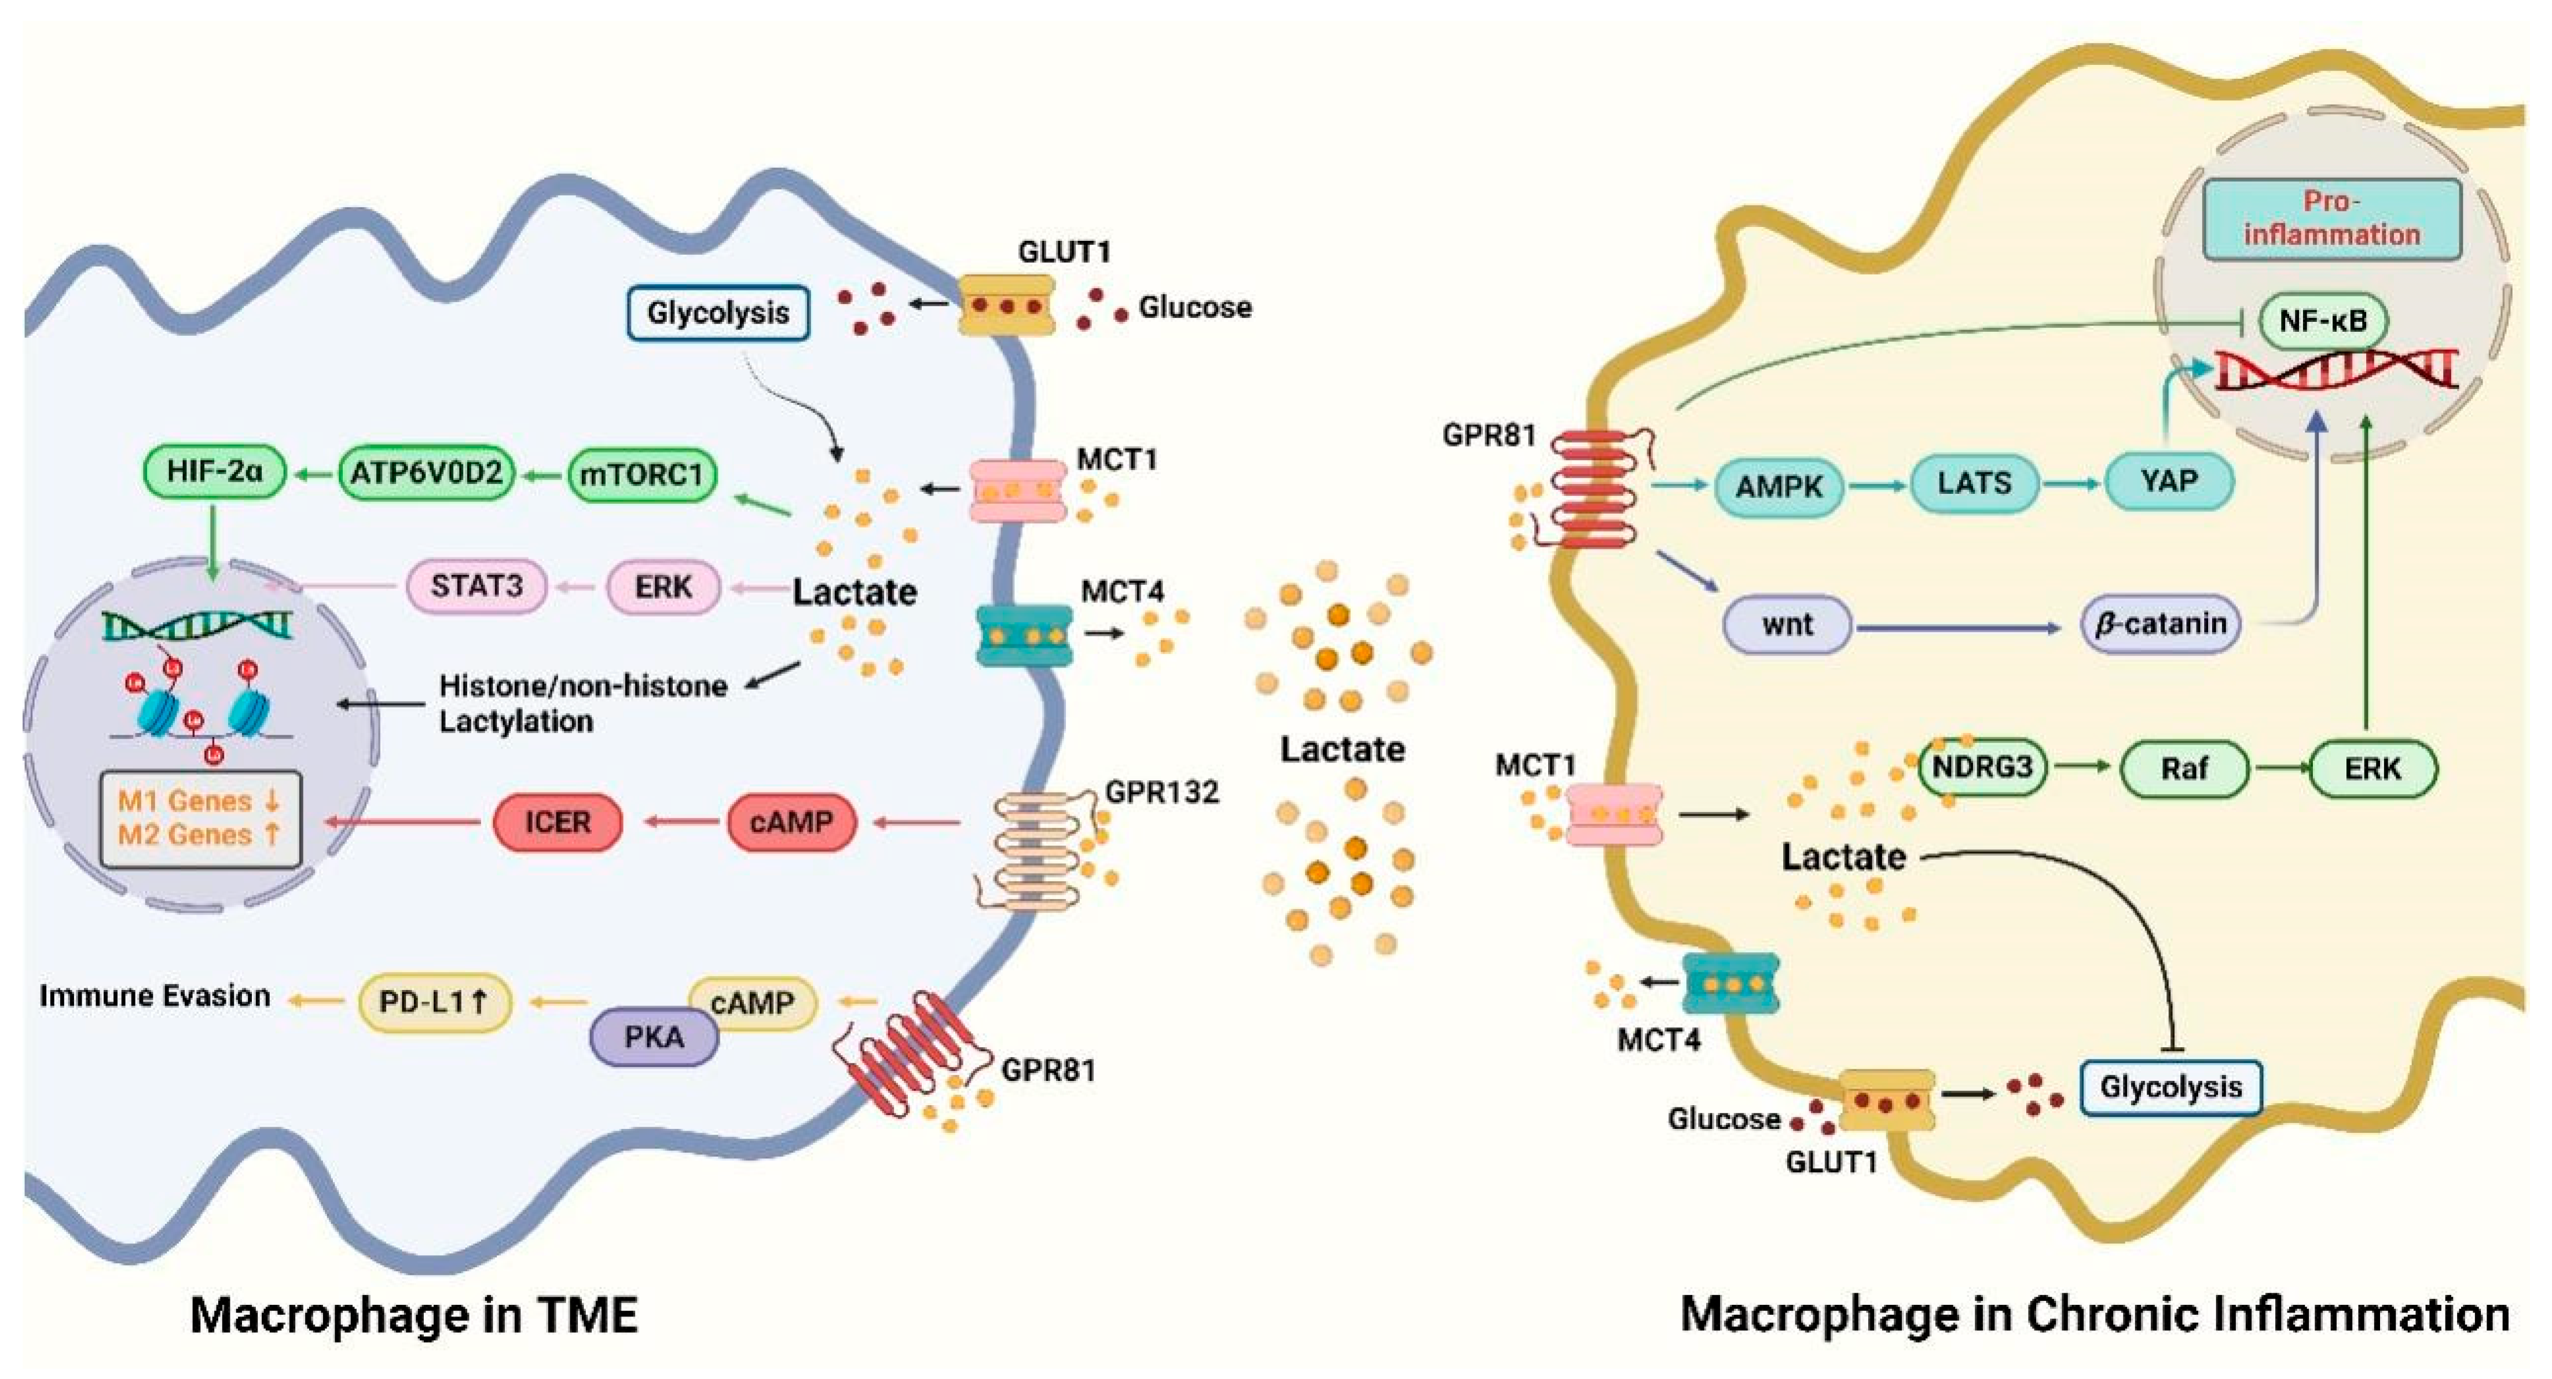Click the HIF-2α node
(214, 472)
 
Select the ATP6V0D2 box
(426, 474)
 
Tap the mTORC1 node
(641, 475)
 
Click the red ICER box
(558, 822)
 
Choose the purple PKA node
(654, 1038)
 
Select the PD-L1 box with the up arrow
(434, 1003)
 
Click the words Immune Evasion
(155, 996)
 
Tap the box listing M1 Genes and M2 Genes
(200, 818)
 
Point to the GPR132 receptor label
(1161, 793)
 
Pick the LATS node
(1974, 483)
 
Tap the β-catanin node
(2159, 624)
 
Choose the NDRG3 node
(1981, 766)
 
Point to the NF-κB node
(2323, 321)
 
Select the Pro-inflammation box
(2331, 219)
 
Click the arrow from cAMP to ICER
(684, 822)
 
